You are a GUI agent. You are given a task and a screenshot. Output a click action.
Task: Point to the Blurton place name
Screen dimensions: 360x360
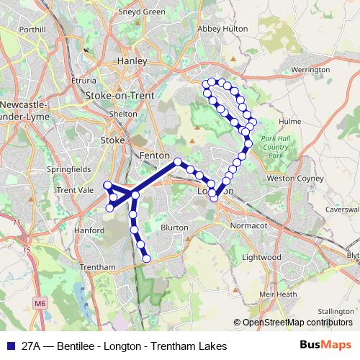coord(174,227)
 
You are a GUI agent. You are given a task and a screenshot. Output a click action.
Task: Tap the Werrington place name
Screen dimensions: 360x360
coord(311,70)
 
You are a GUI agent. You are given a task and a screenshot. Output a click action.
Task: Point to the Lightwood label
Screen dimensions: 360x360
coord(262,257)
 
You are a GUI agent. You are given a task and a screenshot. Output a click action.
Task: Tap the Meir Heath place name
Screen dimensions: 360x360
coord(278,294)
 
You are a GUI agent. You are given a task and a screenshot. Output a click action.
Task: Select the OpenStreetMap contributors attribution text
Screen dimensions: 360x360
coord(297,323)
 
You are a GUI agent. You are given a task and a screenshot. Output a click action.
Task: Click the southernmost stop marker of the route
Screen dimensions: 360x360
coord(146,258)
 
